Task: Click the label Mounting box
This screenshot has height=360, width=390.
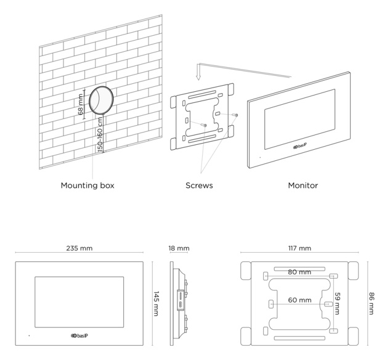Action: tap(87, 185)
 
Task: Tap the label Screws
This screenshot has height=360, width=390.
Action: tap(199, 185)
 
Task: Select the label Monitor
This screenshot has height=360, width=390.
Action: tap(303, 185)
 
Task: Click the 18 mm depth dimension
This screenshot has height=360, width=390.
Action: tap(179, 248)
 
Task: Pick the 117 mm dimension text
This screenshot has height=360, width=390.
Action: tap(299, 248)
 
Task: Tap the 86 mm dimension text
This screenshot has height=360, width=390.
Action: tap(372, 303)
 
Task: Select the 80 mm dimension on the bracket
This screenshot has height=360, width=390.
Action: tap(299, 272)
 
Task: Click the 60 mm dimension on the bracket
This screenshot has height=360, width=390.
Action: tap(299, 301)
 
